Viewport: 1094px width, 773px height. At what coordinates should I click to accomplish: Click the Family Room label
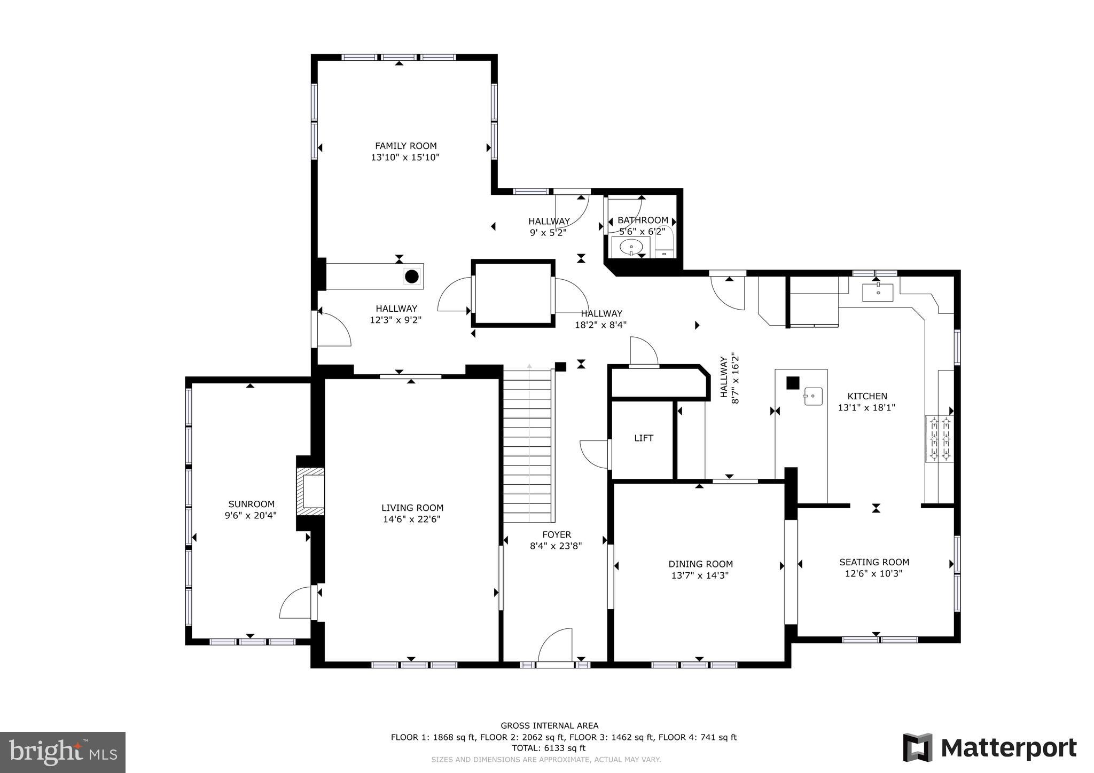(x=405, y=146)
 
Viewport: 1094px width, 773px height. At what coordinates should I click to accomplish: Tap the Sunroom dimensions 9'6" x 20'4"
(x=251, y=516)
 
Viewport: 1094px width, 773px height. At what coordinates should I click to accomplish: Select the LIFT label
(x=644, y=438)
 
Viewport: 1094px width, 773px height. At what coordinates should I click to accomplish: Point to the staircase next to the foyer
(x=527, y=446)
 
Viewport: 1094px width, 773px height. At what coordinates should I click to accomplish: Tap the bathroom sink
(x=631, y=247)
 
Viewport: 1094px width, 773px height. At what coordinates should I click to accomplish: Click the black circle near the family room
(x=411, y=277)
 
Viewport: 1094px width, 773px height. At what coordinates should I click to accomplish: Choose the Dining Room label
(x=700, y=564)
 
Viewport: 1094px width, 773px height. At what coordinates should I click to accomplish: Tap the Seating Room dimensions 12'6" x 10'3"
(x=873, y=574)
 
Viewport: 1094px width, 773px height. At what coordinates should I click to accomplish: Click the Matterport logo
(x=989, y=748)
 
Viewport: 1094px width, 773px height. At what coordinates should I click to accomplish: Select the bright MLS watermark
(x=62, y=752)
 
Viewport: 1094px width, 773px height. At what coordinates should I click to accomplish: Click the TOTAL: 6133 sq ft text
(x=549, y=748)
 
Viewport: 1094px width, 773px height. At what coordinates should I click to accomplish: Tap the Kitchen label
(x=867, y=396)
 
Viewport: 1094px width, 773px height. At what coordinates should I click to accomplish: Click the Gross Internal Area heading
(x=549, y=725)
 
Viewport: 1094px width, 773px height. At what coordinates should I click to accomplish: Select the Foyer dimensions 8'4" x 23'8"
(x=556, y=546)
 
